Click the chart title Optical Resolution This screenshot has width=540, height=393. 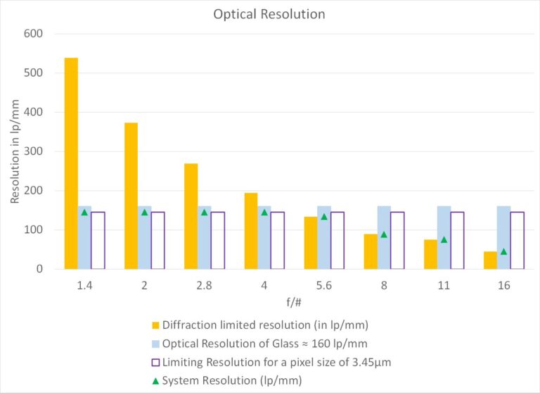pyautogui.click(x=269, y=14)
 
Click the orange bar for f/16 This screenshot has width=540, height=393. pyautogui.click(x=490, y=260)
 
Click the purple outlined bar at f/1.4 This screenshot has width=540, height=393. pyautogui.click(x=98, y=240)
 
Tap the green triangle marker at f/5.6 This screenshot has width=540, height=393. pyautogui.click(x=324, y=216)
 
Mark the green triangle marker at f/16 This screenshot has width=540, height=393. pyautogui.click(x=503, y=251)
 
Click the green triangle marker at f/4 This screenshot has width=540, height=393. pyautogui.click(x=264, y=212)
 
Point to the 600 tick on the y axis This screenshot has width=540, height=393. pyautogui.click(x=33, y=33)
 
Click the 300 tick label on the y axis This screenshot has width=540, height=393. pyautogui.click(x=33, y=151)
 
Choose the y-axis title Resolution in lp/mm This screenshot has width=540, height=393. pyautogui.click(x=15, y=151)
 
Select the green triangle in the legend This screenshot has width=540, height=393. pyautogui.click(x=155, y=381)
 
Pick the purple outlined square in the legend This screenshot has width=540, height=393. pyautogui.click(x=155, y=362)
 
